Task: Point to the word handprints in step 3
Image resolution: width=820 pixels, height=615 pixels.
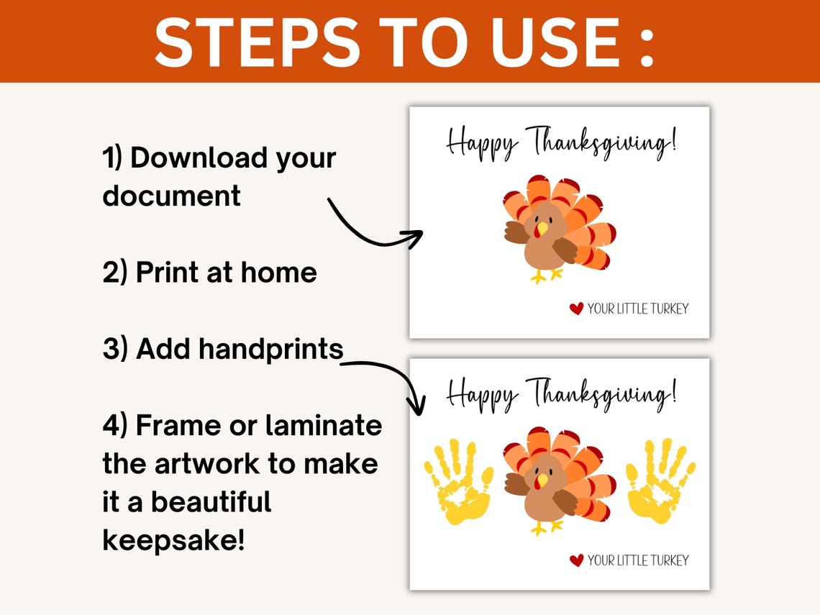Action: click(270, 350)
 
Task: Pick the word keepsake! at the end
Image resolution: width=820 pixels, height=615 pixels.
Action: click(174, 539)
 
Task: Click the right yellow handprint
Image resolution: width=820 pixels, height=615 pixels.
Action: click(660, 480)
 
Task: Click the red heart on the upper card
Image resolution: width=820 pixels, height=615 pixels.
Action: click(576, 309)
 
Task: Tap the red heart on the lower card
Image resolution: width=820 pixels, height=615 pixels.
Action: click(576, 560)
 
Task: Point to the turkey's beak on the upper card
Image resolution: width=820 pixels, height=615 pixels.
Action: click(541, 229)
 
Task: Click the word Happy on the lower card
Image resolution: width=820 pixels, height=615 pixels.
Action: click(480, 395)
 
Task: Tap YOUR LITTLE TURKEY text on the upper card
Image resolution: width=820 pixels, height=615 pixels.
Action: click(637, 309)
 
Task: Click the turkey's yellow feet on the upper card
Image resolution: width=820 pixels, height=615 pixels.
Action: click(546, 275)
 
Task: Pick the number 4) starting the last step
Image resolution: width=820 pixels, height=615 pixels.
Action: click(115, 426)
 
